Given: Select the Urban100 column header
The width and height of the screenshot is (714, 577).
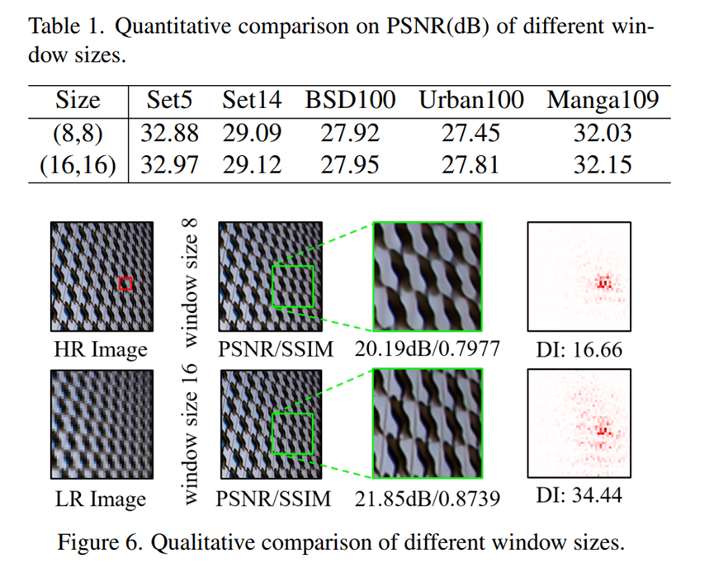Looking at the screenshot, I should pyautogui.click(x=470, y=101).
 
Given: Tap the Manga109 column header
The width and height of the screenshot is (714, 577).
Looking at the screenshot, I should pyautogui.click(x=603, y=101).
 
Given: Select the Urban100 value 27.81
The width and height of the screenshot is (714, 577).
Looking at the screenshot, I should pyautogui.click(x=470, y=163).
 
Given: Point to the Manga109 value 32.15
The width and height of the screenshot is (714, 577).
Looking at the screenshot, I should pyautogui.click(x=603, y=163).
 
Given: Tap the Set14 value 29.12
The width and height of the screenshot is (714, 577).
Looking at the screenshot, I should pyautogui.click(x=252, y=163).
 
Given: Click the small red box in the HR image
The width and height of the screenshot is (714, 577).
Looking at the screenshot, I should pyautogui.click(x=125, y=284).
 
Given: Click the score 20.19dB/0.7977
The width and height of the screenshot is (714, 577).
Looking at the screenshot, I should pyautogui.click(x=427, y=349).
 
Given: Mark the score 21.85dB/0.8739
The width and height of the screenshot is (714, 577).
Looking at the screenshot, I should pyautogui.click(x=427, y=499).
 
